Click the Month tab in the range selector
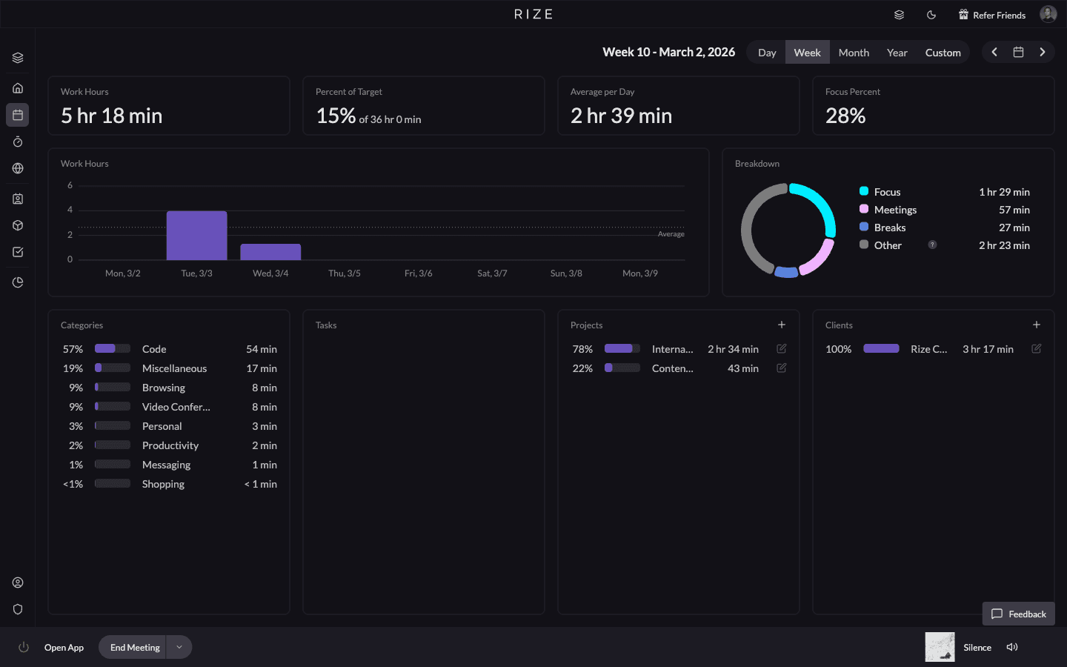pos(854,53)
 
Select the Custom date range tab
pos(943,53)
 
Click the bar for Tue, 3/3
pos(196,236)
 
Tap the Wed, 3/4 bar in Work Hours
pos(270,252)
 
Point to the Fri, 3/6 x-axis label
pos(418,273)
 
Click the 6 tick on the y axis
pos(70,185)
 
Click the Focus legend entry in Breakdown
pos(887,192)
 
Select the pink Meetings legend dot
pos(864,210)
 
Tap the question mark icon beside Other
pos(932,245)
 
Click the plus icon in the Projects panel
pos(782,325)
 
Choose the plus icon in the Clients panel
pos(1037,325)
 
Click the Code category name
pos(154,349)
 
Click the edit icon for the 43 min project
pos(782,368)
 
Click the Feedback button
pos(1019,614)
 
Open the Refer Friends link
pos(992,15)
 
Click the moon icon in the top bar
pos(931,15)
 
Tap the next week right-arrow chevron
pos(1043,52)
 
